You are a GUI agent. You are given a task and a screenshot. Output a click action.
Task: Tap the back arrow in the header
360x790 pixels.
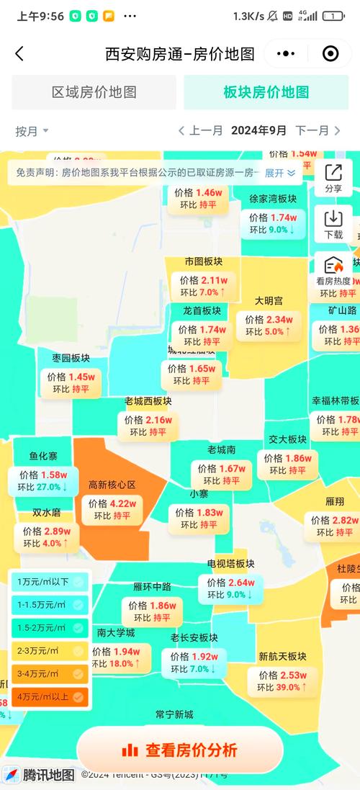click(19, 53)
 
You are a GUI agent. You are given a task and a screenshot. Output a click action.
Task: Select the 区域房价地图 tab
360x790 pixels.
click(94, 92)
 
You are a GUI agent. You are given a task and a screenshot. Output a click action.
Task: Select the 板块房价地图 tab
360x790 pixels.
click(266, 92)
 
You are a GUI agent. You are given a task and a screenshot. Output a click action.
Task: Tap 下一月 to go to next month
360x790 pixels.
click(318, 130)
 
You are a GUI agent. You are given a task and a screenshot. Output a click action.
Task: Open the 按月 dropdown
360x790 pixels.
click(32, 131)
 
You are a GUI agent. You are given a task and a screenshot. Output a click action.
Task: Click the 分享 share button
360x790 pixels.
click(333, 177)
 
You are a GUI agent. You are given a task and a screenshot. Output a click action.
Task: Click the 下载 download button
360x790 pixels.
click(333, 223)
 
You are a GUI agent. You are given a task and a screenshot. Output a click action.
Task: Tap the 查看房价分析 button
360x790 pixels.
click(180, 750)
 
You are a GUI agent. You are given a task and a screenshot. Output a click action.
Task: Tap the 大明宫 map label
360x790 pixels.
click(269, 300)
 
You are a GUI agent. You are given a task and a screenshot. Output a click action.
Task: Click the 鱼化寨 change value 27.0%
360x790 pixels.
click(50, 487)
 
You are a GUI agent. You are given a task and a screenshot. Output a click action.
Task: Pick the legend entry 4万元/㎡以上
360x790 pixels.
click(48, 696)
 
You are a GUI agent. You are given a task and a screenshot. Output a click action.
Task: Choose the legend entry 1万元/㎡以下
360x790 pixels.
click(48, 581)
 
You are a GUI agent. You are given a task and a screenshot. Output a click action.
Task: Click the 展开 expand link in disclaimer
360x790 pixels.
click(279, 173)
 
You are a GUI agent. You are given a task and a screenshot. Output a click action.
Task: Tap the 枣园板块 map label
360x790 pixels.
click(71, 358)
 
